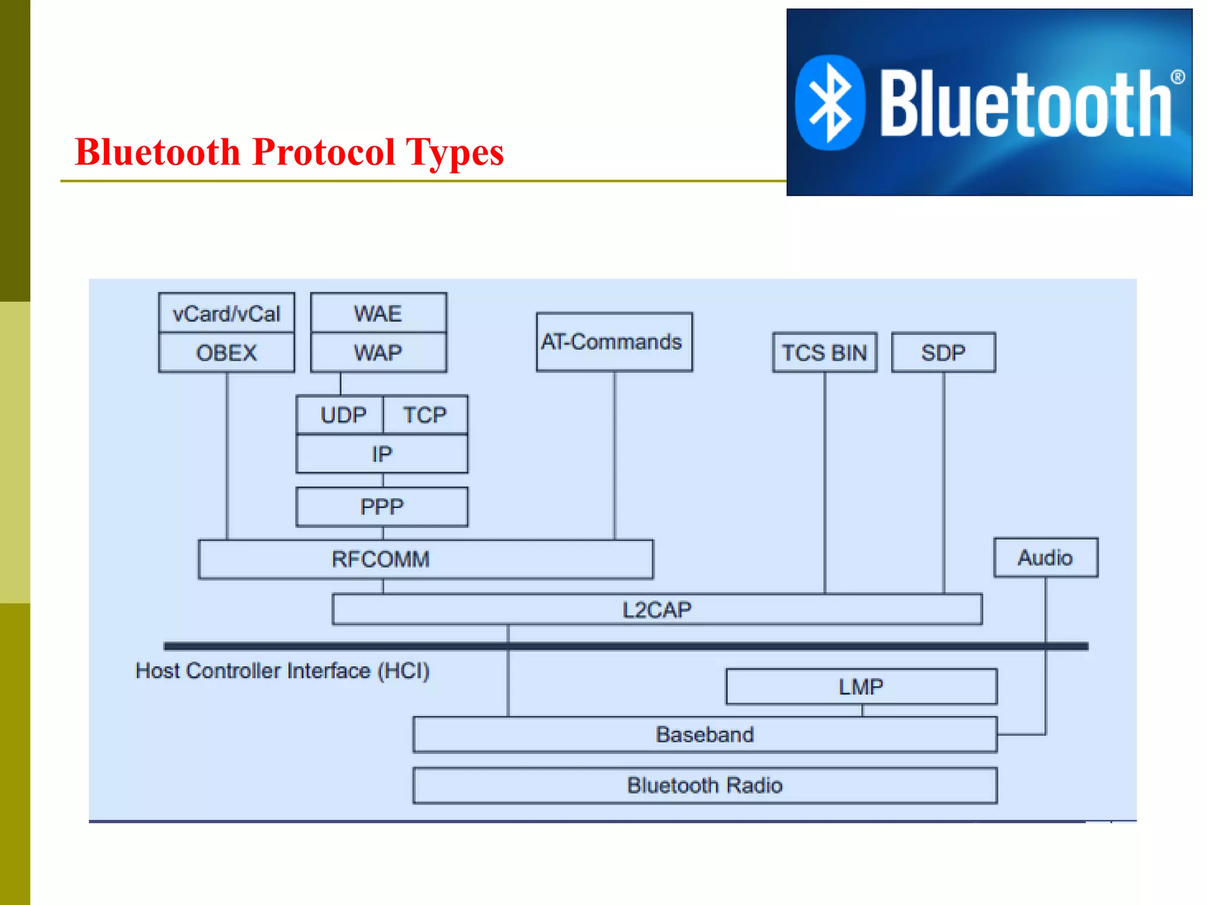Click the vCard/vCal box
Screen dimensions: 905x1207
click(226, 313)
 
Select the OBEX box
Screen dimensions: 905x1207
click(226, 353)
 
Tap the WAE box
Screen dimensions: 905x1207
click(378, 313)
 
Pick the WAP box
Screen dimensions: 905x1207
click(378, 353)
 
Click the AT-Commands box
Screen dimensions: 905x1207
click(614, 342)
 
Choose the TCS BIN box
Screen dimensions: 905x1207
click(824, 353)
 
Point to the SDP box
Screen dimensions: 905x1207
click(943, 353)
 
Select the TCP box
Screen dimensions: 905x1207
click(425, 415)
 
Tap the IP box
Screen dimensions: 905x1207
click(381, 454)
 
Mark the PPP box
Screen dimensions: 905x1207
click(381, 507)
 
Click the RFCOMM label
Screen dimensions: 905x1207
click(381, 559)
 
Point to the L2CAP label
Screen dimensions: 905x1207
click(657, 610)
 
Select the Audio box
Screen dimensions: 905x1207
click(1045, 557)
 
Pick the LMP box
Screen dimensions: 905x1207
click(860, 687)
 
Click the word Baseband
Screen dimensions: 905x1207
click(704, 735)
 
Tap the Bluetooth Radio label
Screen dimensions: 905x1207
click(704, 785)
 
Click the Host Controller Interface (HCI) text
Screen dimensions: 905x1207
click(282, 671)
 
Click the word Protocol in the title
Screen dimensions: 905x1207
click(324, 152)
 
